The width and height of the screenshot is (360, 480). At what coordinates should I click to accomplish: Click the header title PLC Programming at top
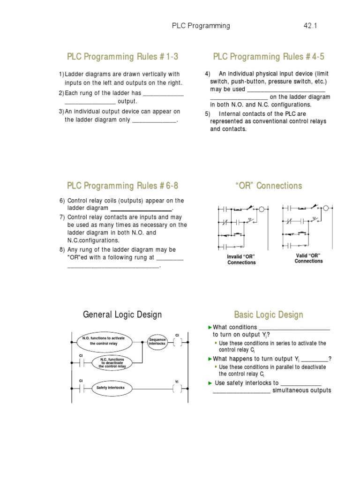tap(201, 26)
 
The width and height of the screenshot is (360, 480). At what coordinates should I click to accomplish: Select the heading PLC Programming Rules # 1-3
tap(123, 57)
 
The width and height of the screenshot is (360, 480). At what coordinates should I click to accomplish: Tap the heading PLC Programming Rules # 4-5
tap(269, 57)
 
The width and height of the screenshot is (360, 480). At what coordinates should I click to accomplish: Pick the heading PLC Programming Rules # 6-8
tap(123, 186)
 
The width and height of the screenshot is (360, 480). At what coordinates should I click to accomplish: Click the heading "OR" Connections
tap(269, 186)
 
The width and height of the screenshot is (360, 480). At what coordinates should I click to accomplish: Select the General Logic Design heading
tap(122, 315)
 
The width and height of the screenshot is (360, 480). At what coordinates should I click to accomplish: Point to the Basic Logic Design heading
tap(269, 315)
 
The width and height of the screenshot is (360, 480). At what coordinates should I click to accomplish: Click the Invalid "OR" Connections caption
tap(241, 260)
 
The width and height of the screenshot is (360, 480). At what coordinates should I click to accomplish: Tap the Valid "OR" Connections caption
tap(308, 258)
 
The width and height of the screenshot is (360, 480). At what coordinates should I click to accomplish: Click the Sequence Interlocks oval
tap(157, 342)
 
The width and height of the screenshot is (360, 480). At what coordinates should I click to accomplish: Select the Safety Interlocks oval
tap(107, 388)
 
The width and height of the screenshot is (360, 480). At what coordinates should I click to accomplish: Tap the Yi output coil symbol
tap(177, 388)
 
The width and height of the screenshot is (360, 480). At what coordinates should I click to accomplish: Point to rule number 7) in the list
tap(62, 217)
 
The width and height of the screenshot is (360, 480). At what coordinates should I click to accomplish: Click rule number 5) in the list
tap(208, 113)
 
